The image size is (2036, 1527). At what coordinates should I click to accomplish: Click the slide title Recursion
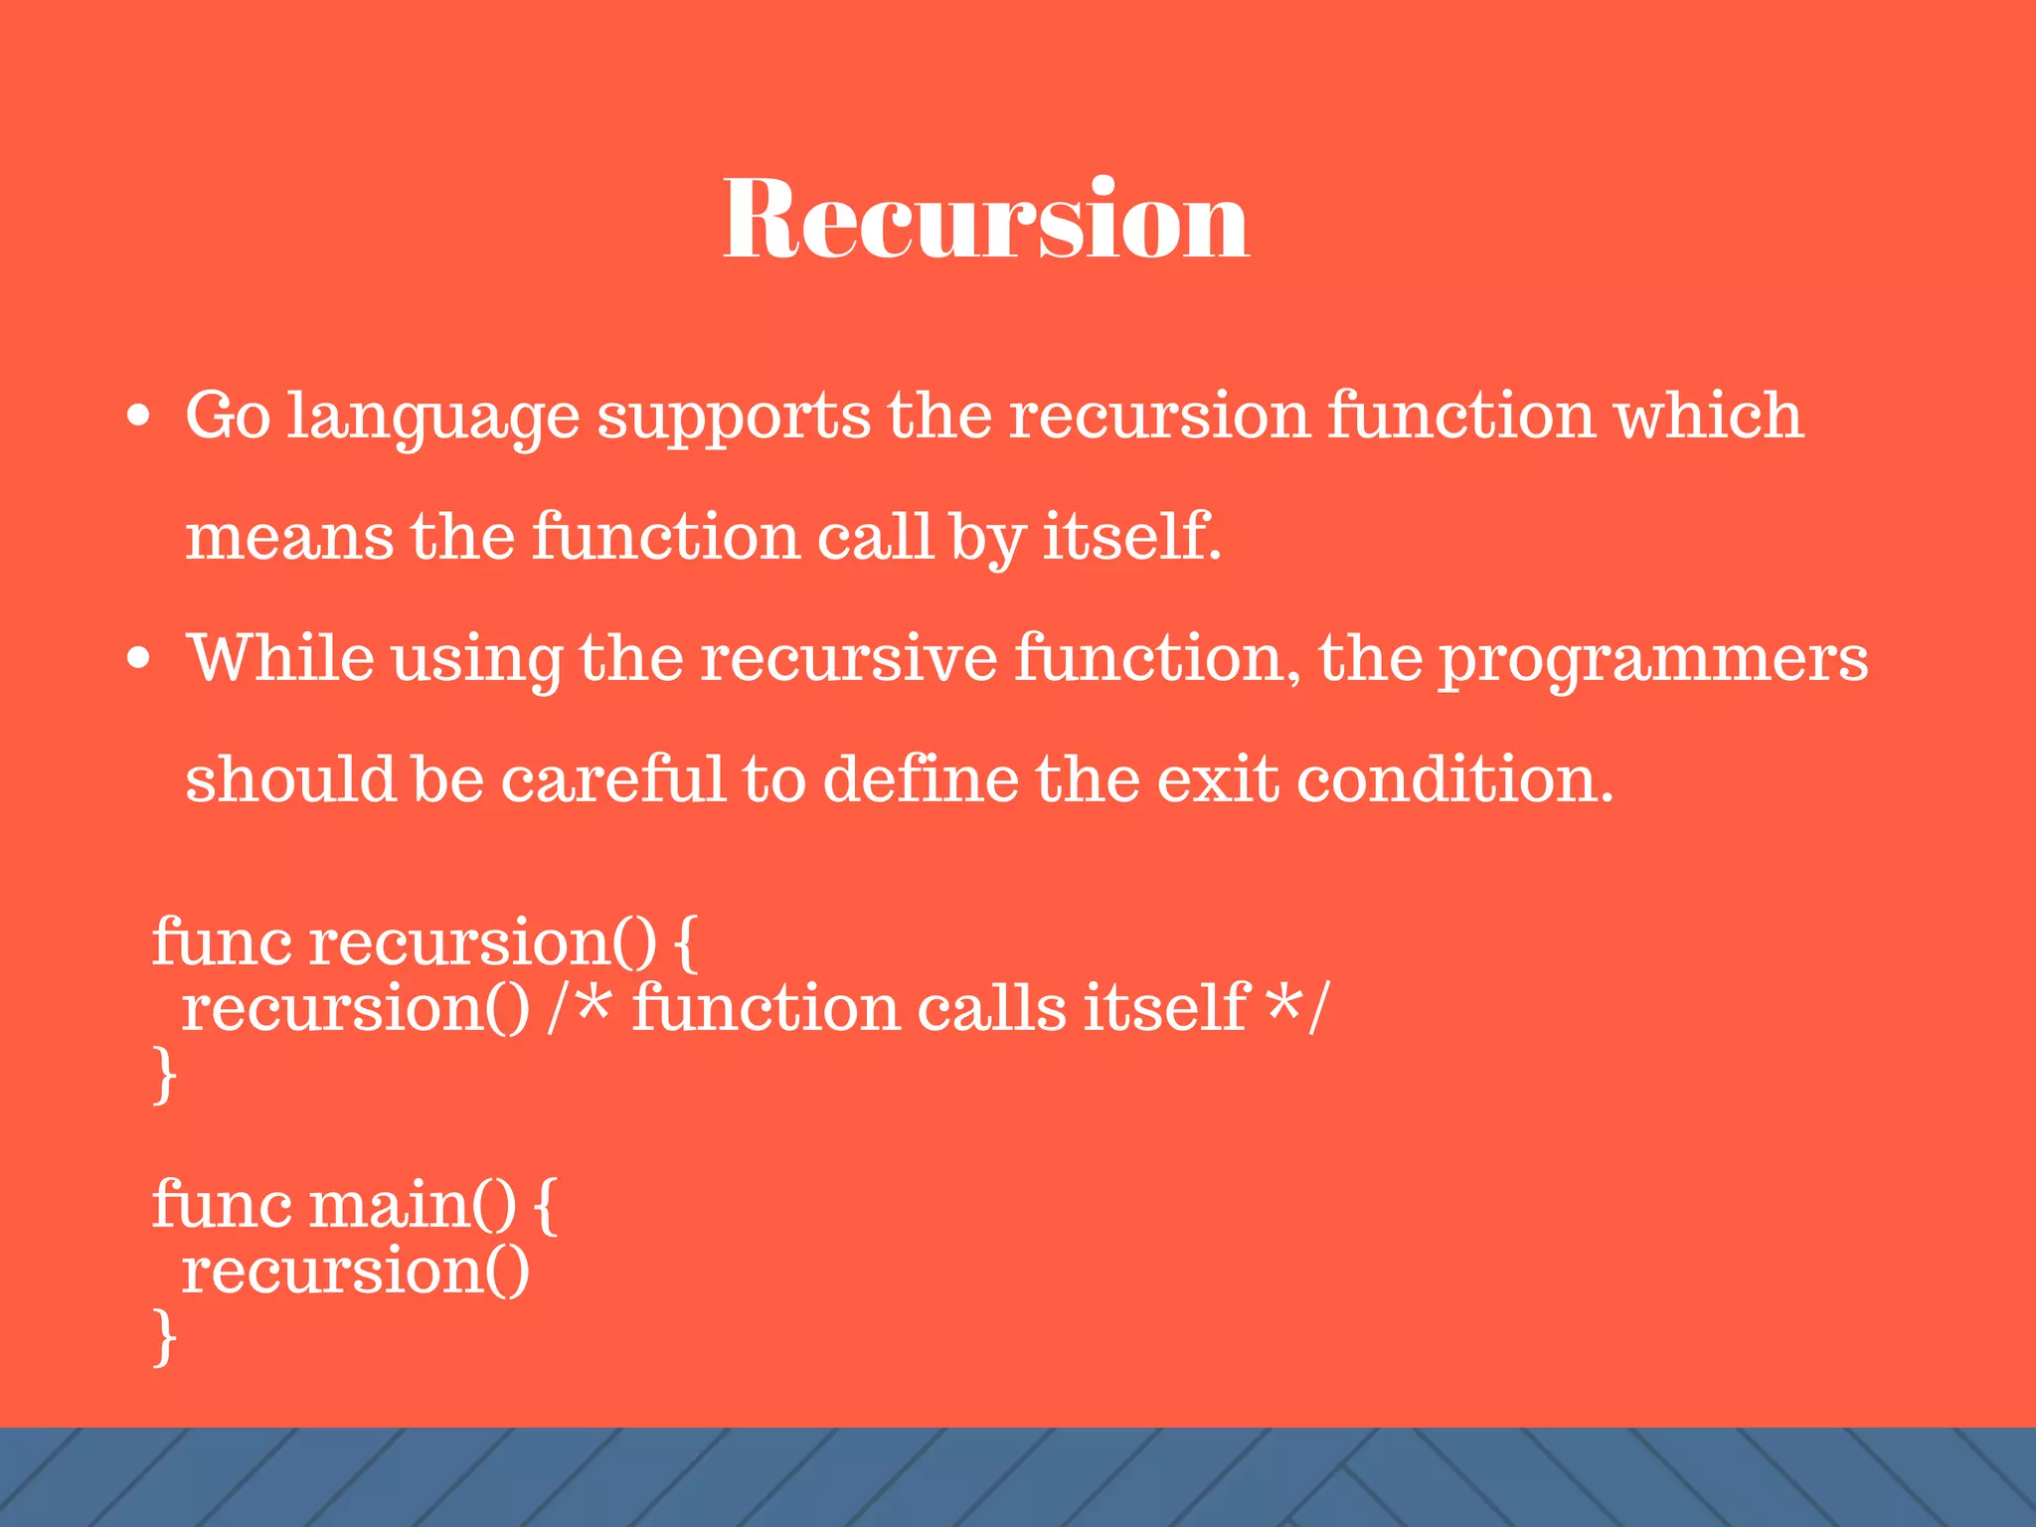(x=985, y=219)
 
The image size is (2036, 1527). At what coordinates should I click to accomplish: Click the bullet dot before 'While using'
(x=139, y=658)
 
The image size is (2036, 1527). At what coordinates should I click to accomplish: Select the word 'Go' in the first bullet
(x=228, y=416)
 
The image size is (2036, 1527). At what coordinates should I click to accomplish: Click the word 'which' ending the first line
(x=1708, y=416)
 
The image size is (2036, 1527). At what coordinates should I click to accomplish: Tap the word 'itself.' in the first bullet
(x=1131, y=537)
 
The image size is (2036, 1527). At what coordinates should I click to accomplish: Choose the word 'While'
(x=281, y=658)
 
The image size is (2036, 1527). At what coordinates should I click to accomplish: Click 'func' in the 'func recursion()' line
(x=222, y=941)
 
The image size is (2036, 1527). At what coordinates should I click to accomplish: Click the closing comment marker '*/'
(x=1298, y=1007)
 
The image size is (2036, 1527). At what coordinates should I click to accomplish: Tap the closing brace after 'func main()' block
(x=165, y=1337)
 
